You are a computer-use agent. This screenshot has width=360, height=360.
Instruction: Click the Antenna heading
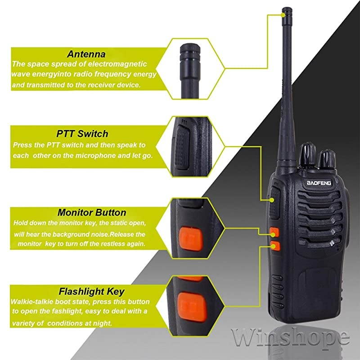(x=86, y=54)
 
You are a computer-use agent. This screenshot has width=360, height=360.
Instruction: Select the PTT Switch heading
(x=82, y=134)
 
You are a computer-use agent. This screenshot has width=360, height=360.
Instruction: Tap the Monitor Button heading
(x=92, y=212)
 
